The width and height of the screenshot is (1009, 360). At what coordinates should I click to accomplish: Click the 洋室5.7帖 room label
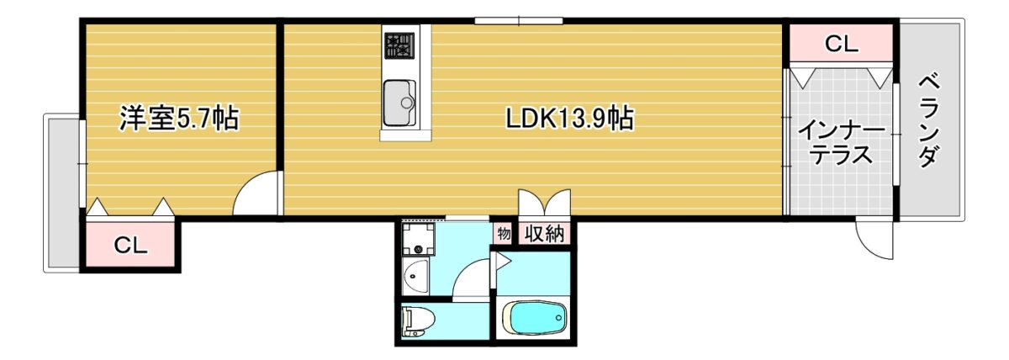[178, 119]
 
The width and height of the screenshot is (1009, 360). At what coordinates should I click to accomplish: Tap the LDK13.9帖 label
[569, 119]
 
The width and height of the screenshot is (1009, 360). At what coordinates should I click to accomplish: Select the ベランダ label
[929, 120]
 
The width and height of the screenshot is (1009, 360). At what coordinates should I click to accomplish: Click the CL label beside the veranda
[842, 44]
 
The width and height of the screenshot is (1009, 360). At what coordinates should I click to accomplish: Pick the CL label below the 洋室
[130, 245]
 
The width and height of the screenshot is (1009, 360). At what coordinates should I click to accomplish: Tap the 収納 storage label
[545, 234]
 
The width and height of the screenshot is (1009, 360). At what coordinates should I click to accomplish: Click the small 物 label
[504, 234]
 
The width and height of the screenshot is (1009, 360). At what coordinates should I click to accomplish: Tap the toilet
[418, 320]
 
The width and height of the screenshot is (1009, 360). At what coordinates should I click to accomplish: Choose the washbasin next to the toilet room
[415, 278]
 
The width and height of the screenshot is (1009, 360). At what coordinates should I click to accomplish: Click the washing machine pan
[419, 239]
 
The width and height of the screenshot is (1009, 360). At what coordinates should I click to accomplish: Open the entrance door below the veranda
[874, 241]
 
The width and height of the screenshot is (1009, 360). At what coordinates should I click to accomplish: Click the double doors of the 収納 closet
[545, 203]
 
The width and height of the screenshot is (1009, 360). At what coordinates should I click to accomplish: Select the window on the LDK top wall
[519, 21]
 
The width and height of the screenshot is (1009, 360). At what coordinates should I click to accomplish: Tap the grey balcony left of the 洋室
[61, 193]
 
